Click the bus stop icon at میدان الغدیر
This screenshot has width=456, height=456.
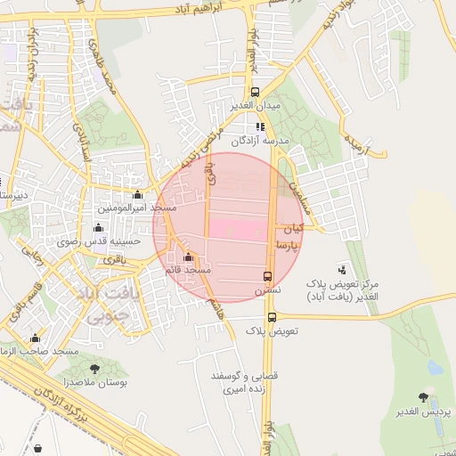[256, 92]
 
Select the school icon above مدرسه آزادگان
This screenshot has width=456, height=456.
[260, 126]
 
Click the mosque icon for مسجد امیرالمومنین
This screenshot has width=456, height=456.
[137, 195]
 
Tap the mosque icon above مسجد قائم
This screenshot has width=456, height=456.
[187, 257]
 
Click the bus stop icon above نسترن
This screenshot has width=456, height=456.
[267, 276]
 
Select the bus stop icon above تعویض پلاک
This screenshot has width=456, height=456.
[272, 317]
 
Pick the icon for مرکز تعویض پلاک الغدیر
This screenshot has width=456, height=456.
[342, 269]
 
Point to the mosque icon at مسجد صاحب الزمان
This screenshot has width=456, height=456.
[36, 338]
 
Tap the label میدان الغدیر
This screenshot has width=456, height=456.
[256, 106]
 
